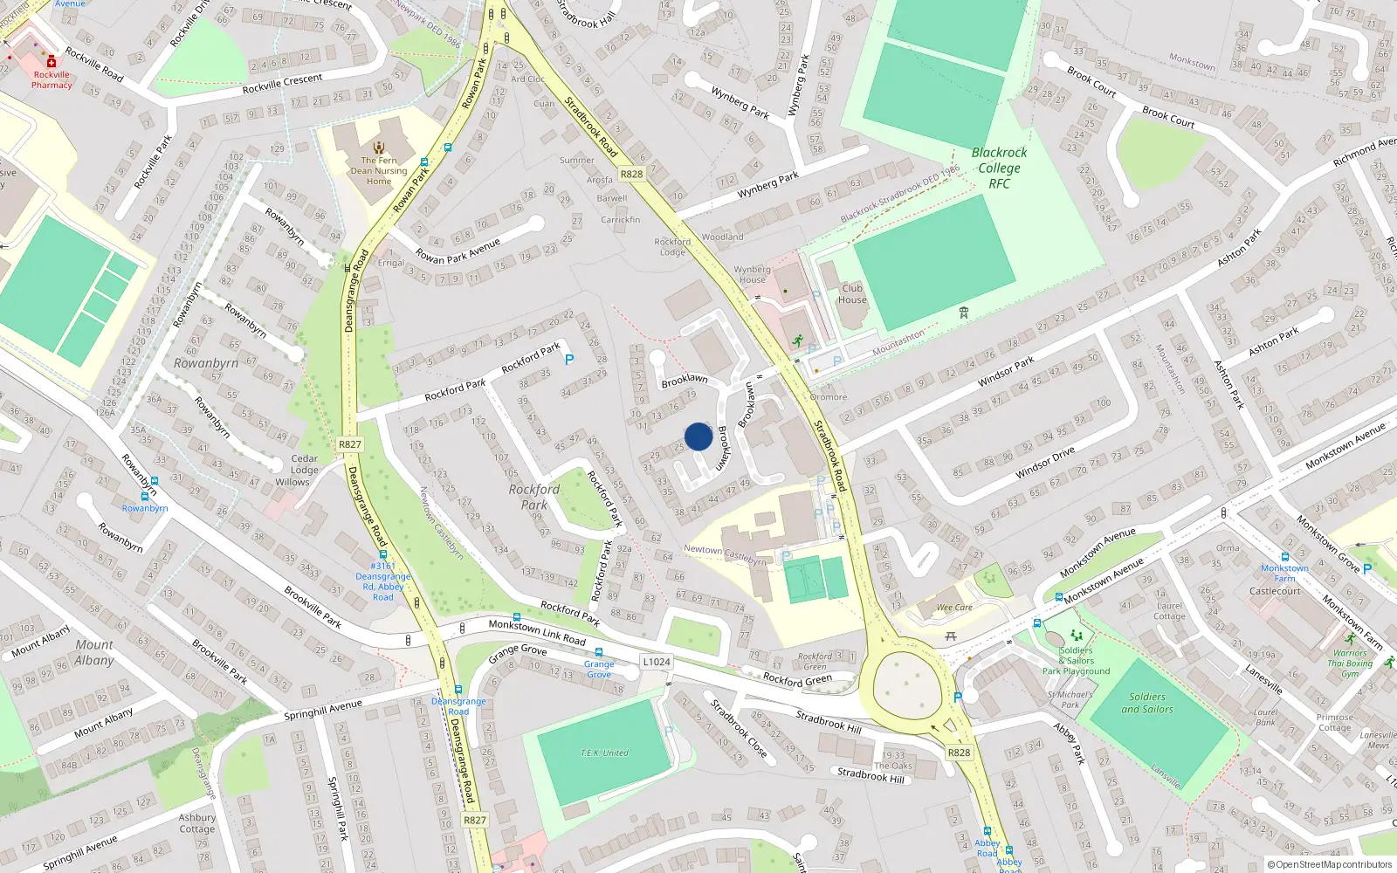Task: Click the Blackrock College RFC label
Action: (999, 168)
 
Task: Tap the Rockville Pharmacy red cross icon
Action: (52, 62)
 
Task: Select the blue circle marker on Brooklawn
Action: (698, 436)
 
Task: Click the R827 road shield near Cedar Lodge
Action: (349, 444)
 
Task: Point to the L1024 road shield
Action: (657, 662)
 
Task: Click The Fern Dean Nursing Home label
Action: (379, 170)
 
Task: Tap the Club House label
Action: (852, 293)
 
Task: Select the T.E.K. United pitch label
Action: (604, 753)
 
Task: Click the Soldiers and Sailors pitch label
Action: (1147, 703)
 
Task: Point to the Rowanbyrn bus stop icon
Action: (155, 481)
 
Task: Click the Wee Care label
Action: (954, 608)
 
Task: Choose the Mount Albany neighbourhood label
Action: (94, 652)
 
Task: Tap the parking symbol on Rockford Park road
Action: (569, 359)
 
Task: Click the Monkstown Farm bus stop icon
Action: (1284, 557)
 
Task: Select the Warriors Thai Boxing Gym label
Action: (1350, 663)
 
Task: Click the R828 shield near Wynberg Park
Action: (631, 174)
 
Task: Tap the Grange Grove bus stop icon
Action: (599, 652)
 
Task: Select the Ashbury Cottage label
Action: (197, 823)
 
